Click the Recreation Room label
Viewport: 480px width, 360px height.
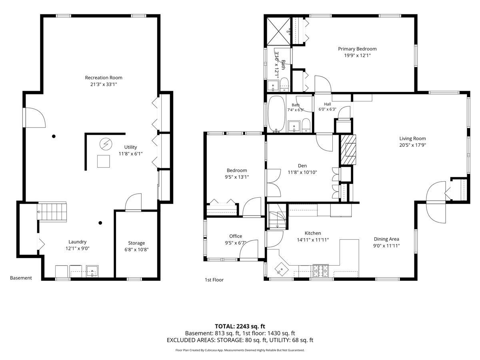[104, 78]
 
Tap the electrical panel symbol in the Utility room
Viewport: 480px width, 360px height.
[106, 144]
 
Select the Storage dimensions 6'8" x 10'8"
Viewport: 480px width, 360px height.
[136, 249]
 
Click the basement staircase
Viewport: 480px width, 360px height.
[52, 212]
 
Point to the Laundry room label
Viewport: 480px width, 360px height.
[78, 242]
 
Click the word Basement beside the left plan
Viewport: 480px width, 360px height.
[21, 278]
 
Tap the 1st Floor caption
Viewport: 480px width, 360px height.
[214, 280]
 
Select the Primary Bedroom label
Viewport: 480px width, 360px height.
[357, 49]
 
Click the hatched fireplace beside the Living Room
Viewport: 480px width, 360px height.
[347, 150]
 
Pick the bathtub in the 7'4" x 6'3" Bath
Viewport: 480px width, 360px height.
[276, 114]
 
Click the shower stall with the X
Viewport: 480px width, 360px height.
[278, 31]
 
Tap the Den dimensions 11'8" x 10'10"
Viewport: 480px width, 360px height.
[302, 172]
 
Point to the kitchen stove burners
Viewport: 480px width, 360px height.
[320, 271]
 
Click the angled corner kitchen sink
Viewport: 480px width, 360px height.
[282, 269]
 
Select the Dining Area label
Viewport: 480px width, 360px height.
[386, 239]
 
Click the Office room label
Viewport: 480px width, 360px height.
[236, 236]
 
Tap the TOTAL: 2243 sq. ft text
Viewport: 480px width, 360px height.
[240, 326]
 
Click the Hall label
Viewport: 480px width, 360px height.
[327, 104]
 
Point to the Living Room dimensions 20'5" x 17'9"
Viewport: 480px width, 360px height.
[413, 145]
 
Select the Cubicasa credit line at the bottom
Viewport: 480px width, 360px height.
[240, 350]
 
